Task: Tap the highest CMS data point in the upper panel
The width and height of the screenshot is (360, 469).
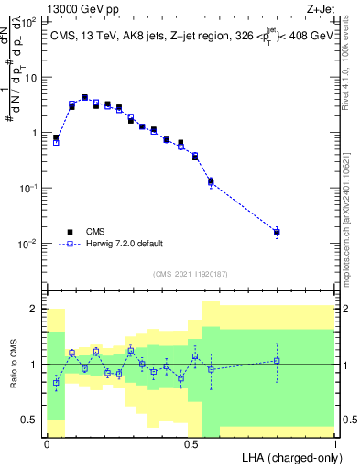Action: click(84, 97)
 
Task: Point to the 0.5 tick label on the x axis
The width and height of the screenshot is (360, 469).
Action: click(191, 443)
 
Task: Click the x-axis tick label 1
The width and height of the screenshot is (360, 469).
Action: click(335, 443)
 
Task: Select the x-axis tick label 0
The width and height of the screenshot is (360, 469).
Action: click(47, 443)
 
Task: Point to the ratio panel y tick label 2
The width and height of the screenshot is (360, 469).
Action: click(34, 309)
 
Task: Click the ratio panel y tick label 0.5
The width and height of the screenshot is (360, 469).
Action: click(30, 420)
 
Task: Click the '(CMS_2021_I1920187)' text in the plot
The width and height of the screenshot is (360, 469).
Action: click(191, 273)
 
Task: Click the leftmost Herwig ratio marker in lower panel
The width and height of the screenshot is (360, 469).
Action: click(56, 383)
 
